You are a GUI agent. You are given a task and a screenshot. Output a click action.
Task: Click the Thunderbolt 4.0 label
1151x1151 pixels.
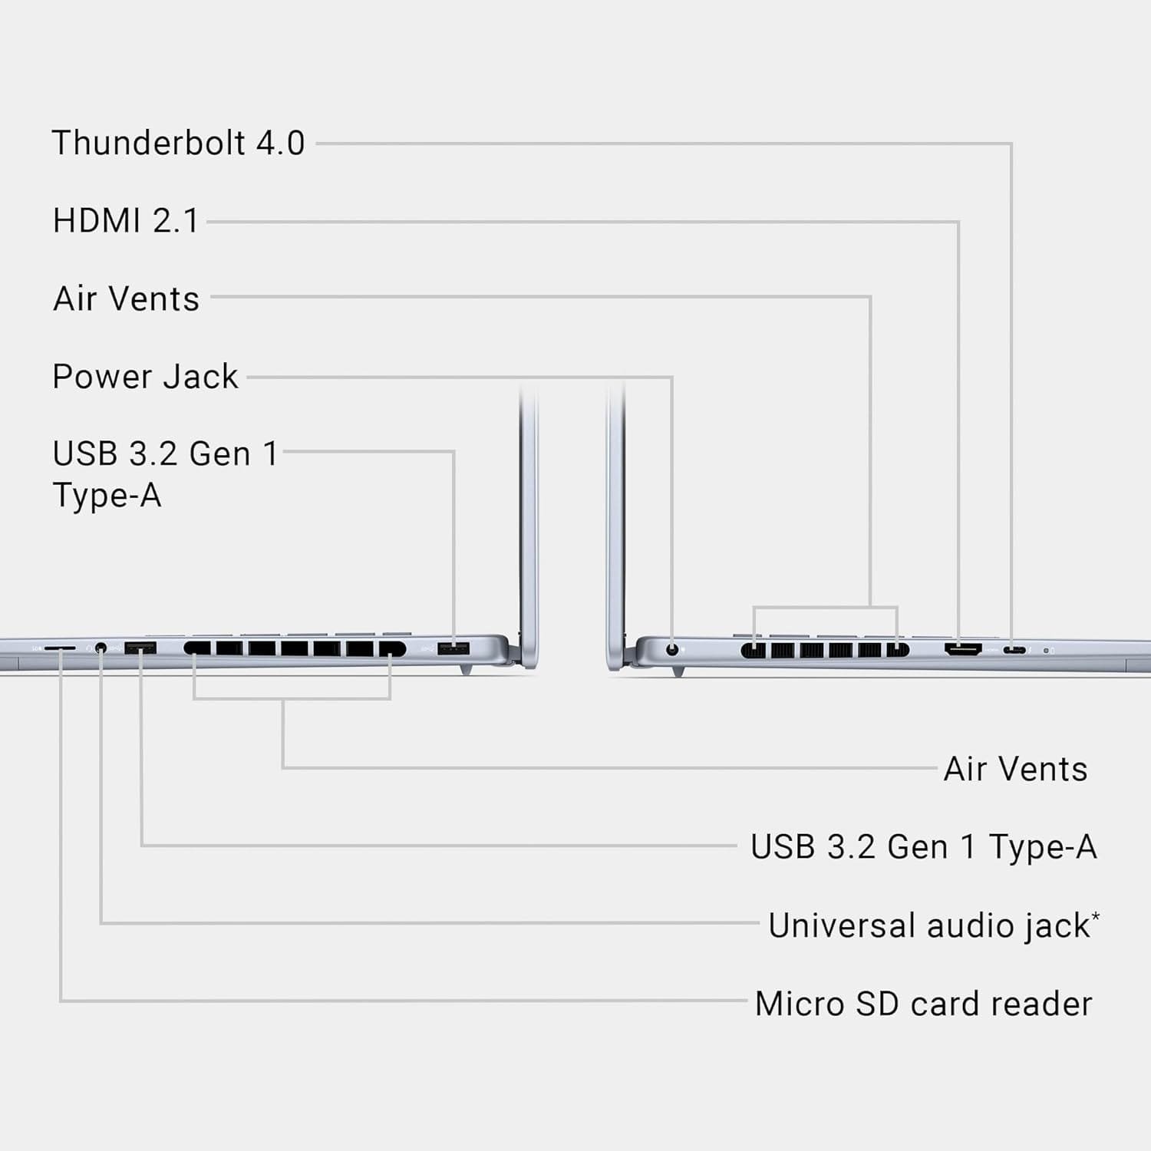tap(178, 143)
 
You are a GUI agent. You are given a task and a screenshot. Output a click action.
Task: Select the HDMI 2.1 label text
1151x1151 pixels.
tap(126, 221)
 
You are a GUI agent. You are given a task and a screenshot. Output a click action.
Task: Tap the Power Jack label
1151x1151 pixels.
tap(145, 377)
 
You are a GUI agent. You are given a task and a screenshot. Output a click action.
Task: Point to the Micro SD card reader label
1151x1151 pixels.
tap(923, 1004)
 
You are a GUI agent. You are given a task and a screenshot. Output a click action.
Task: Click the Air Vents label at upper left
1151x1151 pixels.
tap(126, 298)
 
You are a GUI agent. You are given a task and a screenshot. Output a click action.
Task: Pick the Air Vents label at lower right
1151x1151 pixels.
tap(1015, 769)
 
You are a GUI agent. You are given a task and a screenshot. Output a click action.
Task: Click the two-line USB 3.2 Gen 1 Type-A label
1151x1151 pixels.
tap(164, 474)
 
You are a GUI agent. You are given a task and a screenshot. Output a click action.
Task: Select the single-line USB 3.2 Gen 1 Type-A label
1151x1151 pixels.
tap(923, 847)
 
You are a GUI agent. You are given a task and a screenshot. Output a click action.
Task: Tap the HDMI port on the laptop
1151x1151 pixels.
tap(962, 650)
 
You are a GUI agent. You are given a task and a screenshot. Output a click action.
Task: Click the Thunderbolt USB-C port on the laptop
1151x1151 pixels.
tap(1014, 651)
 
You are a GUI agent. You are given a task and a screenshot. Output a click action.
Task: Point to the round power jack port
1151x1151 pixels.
tap(673, 649)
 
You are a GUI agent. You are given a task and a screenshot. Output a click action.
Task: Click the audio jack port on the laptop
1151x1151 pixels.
tap(101, 649)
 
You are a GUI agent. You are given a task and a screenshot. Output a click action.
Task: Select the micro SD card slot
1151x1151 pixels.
tap(60, 648)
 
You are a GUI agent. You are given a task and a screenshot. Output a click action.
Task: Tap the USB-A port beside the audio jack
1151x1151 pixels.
tap(140, 648)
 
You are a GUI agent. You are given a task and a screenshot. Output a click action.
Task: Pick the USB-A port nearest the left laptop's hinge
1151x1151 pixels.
tap(453, 649)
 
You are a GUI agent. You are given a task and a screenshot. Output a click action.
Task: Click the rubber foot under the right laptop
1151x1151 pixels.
tap(678, 672)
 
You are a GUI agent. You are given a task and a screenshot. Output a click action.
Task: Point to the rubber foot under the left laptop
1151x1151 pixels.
tap(466, 671)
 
